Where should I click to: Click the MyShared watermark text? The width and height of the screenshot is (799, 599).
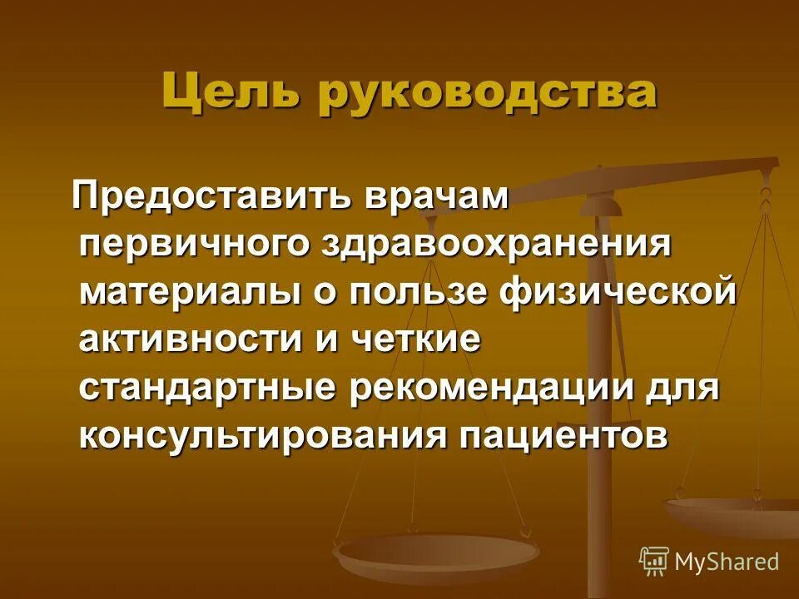(727, 562)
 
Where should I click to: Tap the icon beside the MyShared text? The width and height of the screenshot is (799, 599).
(654, 561)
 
